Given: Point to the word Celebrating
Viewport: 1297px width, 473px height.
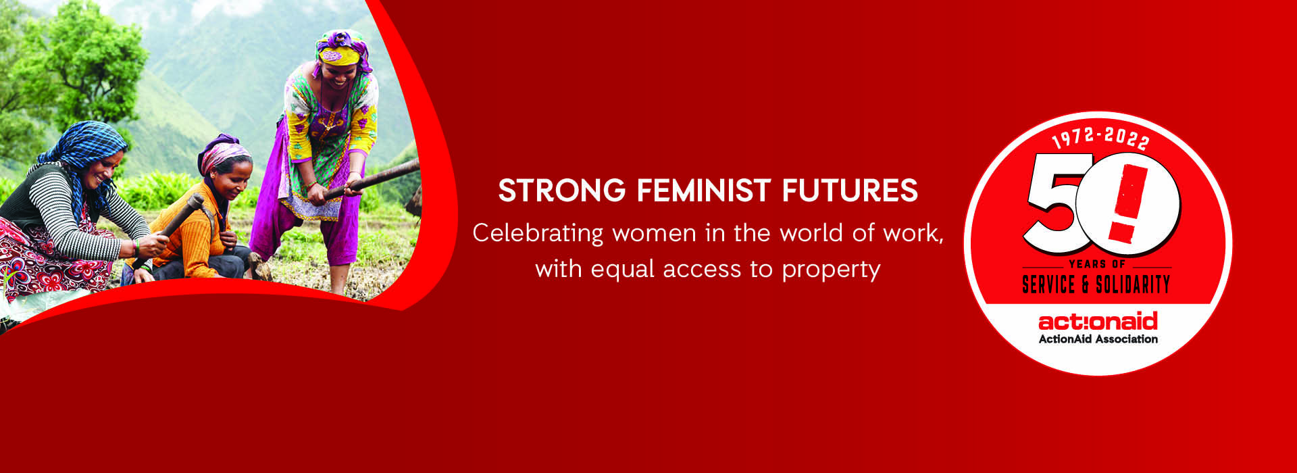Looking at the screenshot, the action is (538, 234).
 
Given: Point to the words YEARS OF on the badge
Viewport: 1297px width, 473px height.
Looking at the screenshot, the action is (1097, 264).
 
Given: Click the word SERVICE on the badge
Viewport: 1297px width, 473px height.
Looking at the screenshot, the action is (1048, 284).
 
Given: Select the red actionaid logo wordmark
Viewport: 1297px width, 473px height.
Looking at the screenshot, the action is (1098, 321).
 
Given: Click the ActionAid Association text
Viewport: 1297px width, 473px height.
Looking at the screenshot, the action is (1098, 339).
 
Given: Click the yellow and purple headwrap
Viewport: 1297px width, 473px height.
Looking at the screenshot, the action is (342, 51).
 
